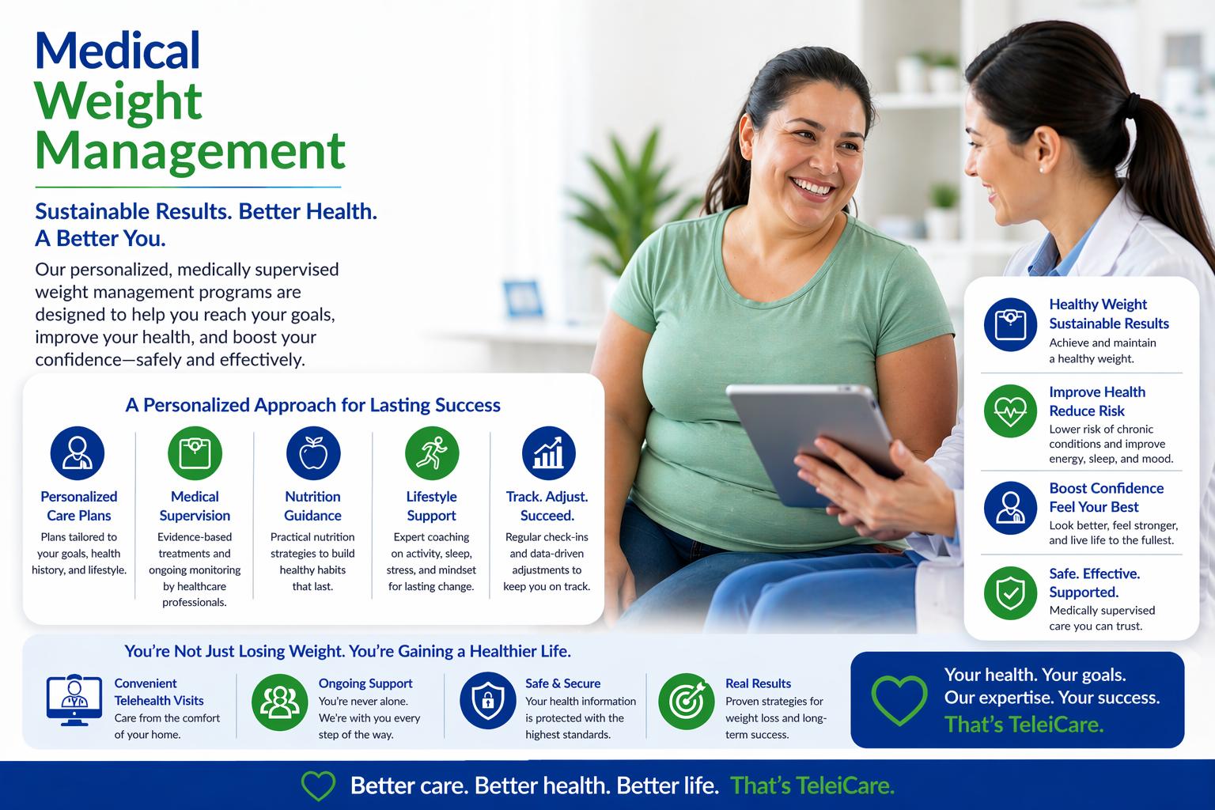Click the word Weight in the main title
tap(119, 101)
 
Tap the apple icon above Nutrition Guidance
tap(313, 453)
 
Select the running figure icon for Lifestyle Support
tap(431, 453)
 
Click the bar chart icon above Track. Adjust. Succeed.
tap(548, 453)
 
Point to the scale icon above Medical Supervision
tap(195, 453)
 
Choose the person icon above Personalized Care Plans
tap(78, 453)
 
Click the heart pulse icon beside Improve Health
tap(1010, 411)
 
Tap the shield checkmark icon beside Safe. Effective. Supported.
tap(1010, 592)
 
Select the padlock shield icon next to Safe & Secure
tap(487, 701)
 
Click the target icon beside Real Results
tap(685, 701)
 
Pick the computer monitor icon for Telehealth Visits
tap(74, 700)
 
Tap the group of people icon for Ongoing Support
tap(279, 701)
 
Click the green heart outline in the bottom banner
tap(319, 786)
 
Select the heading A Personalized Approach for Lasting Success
tap(312, 405)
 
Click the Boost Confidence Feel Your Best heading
tap(1105, 498)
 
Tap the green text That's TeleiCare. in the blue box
tap(1024, 724)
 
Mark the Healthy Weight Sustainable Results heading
tap(1108, 314)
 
